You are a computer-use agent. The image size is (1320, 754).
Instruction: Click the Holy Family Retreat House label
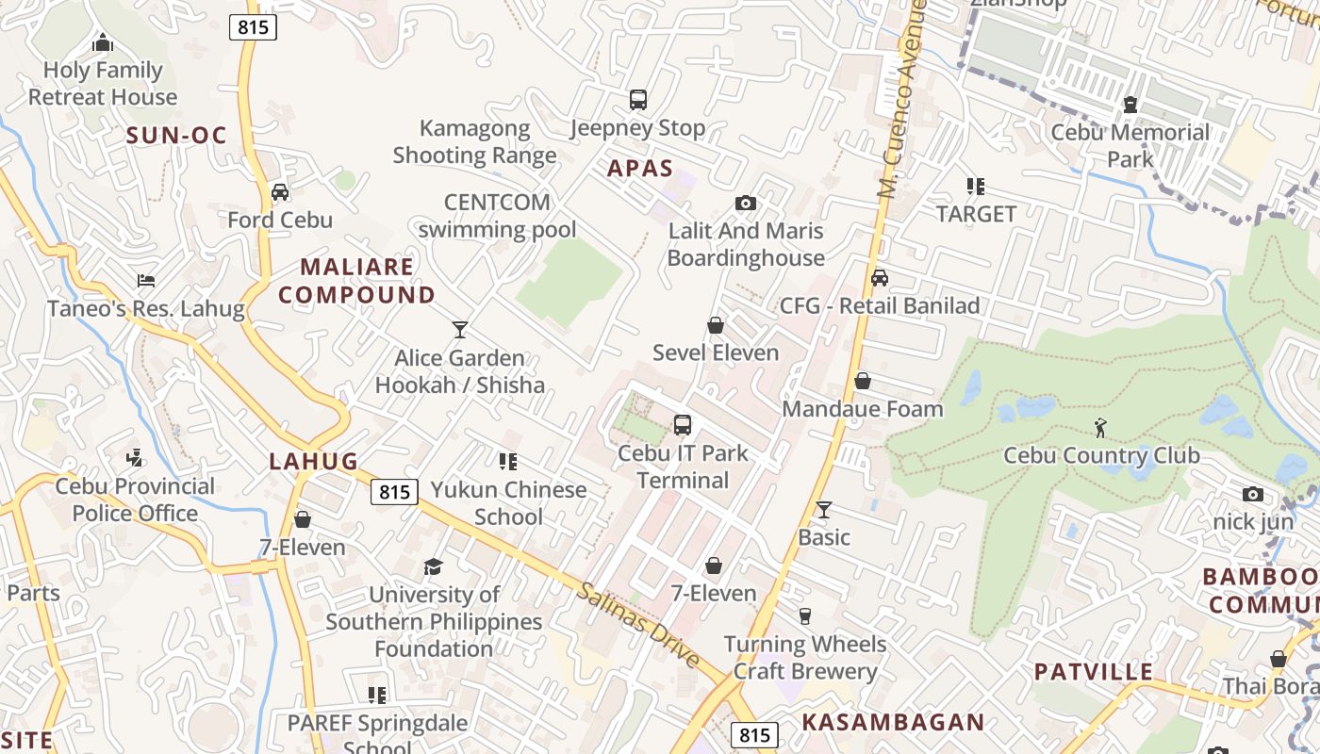[103, 84]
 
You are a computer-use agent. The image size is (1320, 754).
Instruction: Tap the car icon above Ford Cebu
[280, 192]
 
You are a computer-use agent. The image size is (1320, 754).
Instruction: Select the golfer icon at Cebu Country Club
[1100, 428]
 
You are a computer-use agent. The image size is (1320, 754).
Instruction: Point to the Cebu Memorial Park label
[1130, 145]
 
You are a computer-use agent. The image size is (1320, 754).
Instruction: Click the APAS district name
[640, 169]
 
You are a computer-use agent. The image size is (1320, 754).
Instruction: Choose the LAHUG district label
[314, 461]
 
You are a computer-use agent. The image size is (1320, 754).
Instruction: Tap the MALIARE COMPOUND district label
[356, 281]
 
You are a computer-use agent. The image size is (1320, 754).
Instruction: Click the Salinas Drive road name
[638, 624]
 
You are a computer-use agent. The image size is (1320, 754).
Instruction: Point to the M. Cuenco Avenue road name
[901, 99]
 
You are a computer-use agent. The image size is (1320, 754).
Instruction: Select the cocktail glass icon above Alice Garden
[460, 330]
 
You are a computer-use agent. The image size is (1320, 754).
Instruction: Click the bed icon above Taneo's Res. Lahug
[146, 281]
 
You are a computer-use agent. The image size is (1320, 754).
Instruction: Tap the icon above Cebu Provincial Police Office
[135, 458]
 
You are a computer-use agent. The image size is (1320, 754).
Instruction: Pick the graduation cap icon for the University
[433, 566]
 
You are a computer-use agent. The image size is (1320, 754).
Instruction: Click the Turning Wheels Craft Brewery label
[805, 658]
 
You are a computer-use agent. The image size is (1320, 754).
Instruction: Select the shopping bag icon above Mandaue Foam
[863, 381]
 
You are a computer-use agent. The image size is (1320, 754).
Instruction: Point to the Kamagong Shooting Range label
[474, 141]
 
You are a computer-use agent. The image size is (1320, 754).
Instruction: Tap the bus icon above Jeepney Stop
[638, 99]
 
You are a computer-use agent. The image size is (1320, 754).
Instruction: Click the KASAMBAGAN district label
[893, 723]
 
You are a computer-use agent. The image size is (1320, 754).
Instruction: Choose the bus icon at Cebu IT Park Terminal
[683, 425]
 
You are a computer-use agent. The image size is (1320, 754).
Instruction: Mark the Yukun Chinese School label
[509, 502]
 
